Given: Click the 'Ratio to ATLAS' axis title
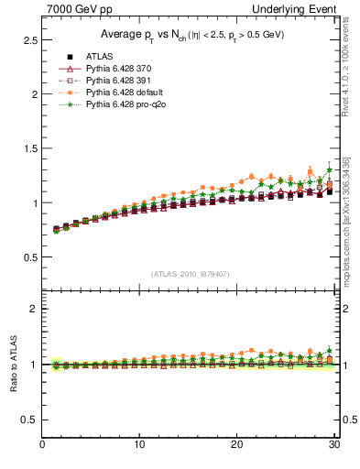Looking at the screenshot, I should pyautogui.click(x=13, y=364).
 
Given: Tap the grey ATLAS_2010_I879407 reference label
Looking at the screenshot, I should pyautogui.click(x=190, y=274).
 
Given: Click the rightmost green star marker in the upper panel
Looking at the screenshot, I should pyautogui.click(x=330, y=170).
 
